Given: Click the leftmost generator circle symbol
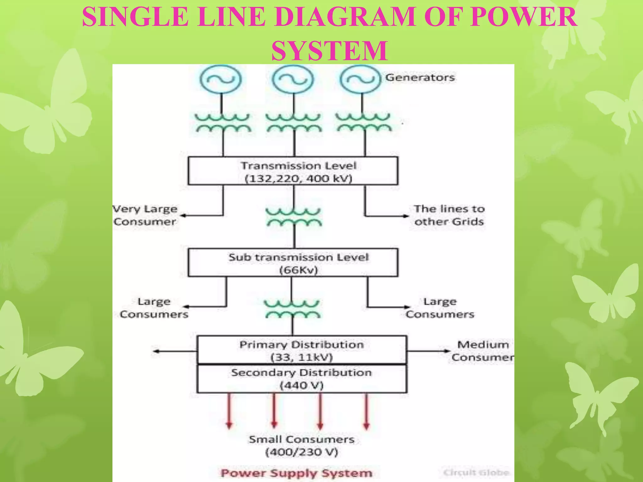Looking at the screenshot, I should pos(221,79).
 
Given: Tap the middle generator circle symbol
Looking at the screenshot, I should pos(293,79).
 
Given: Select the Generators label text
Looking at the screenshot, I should pos(420,78).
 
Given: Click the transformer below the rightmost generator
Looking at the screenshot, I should pos(363,122).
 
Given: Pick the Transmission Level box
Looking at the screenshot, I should pos(293,171).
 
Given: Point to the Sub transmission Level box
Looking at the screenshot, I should pos(293,263).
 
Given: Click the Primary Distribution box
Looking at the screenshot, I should pos(301,350).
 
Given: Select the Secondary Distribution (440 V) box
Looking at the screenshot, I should pos(301,378).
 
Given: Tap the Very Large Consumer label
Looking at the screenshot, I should pos(145,215).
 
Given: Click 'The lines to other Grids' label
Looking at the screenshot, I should pos(449,215).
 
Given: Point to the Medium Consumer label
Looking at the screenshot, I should pos(483,351).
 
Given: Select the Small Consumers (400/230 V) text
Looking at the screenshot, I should pos(301,446).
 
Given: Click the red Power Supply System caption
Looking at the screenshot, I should pos(296,473).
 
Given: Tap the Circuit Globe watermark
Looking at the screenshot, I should pos(476,473).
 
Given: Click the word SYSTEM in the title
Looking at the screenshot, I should pos(329,51).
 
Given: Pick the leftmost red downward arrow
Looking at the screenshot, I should pos(229,411).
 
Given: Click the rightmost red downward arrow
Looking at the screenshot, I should pos(366,411).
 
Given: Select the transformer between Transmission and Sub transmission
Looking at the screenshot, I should pos(294,217).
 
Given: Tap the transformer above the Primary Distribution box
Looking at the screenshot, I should pos(292,309).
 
